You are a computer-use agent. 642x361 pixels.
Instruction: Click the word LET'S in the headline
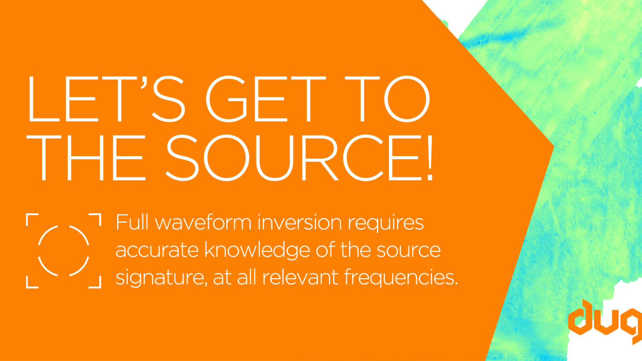point(106,99)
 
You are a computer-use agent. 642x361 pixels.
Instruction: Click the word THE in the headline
point(86,158)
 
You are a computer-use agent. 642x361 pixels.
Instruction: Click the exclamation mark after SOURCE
point(429,158)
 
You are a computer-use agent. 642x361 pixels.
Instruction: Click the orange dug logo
point(605,321)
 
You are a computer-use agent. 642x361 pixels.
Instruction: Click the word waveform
point(203,222)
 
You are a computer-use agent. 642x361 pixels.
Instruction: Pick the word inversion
point(300,222)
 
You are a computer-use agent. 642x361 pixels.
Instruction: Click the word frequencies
point(401,278)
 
